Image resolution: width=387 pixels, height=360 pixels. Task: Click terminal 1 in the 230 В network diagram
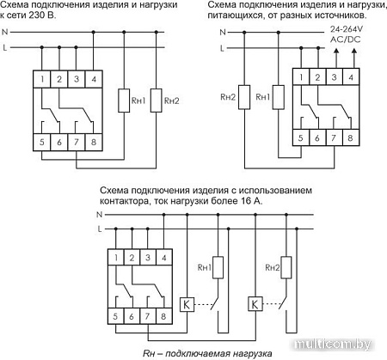pyautogui.click(x=42, y=80)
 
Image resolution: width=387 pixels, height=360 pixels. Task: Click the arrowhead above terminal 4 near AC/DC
pyautogui.click(x=353, y=52)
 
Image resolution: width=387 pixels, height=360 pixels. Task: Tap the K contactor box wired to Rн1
pyautogui.click(x=187, y=303)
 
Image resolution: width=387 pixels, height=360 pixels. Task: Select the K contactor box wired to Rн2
pyautogui.click(x=255, y=303)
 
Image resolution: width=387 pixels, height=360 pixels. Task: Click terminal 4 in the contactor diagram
pyautogui.click(x=163, y=257)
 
